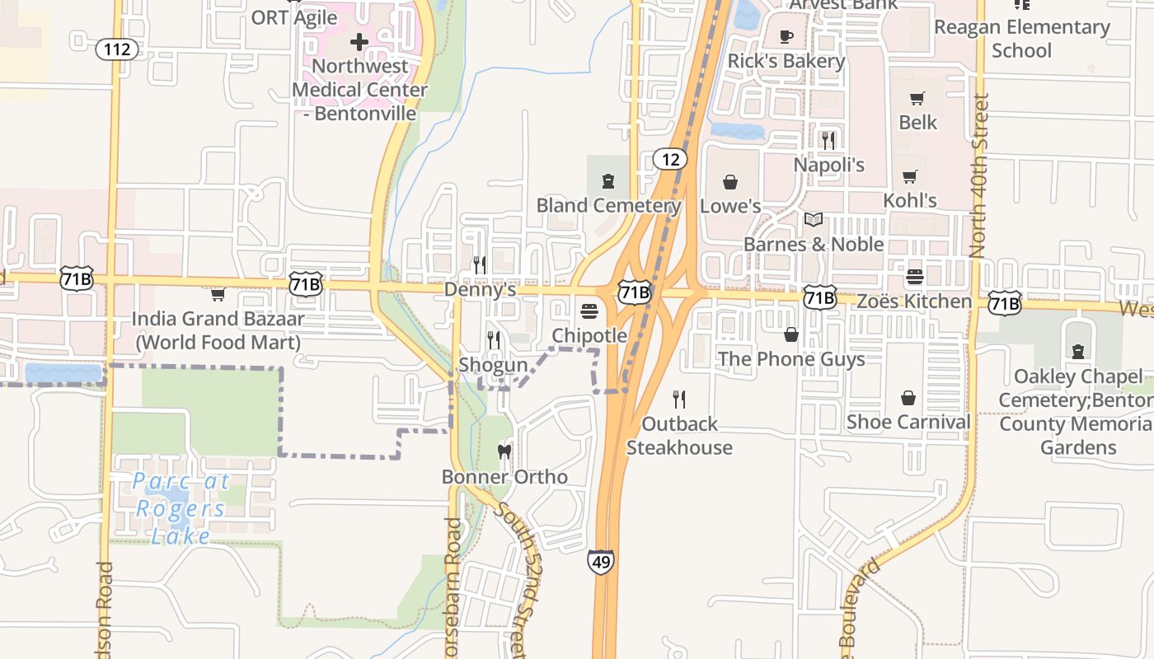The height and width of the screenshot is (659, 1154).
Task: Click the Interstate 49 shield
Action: pyautogui.click(x=600, y=562)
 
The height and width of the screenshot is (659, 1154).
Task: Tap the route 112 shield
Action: pyautogui.click(x=117, y=49)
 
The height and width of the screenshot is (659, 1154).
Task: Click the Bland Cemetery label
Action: pyautogui.click(x=608, y=205)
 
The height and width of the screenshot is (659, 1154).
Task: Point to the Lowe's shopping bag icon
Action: pyautogui.click(x=730, y=181)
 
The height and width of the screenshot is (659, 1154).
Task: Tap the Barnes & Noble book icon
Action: pyautogui.click(x=814, y=219)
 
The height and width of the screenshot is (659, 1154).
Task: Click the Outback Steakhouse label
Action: pyautogui.click(x=679, y=436)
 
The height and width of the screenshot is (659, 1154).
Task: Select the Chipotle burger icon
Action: pyautogui.click(x=589, y=311)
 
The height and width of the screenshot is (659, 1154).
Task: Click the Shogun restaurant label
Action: pyautogui.click(x=493, y=364)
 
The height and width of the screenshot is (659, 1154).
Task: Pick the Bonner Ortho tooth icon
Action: pyautogui.click(x=504, y=451)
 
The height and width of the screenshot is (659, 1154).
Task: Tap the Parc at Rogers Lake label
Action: pyautogui.click(x=181, y=508)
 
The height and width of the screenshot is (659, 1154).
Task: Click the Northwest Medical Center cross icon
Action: pyautogui.click(x=359, y=41)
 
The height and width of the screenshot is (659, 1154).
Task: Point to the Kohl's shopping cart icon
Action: pyautogui.click(x=910, y=176)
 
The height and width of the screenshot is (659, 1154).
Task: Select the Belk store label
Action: pyautogui.click(x=917, y=122)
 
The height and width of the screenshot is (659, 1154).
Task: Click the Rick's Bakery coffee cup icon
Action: pyautogui.click(x=786, y=36)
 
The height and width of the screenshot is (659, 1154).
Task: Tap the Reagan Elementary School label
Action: pyautogui.click(x=1021, y=39)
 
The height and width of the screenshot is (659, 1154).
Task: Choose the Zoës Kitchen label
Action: pyautogui.click(x=914, y=301)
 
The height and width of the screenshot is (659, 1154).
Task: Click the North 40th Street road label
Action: pyautogui.click(x=980, y=175)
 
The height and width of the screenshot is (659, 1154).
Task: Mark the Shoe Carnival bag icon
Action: pyautogui.click(x=908, y=399)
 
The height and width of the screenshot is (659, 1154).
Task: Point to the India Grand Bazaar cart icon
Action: pyautogui.click(x=218, y=294)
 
